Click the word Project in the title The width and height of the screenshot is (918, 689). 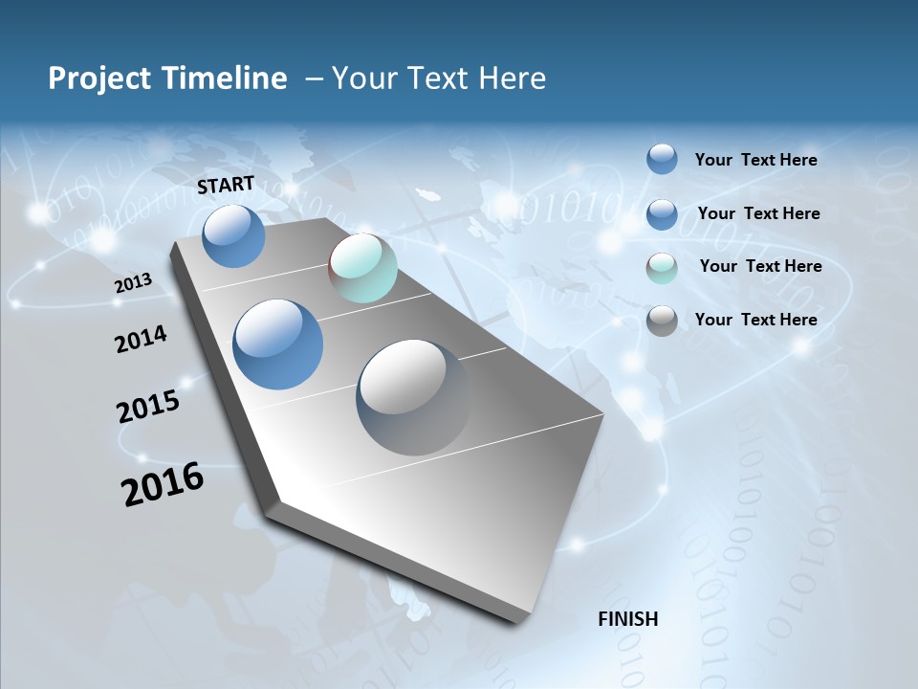pos(96,78)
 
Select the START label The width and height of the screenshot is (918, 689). pos(226,185)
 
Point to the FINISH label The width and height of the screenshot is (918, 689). pos(628,619)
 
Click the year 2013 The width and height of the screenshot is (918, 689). pos(133,283)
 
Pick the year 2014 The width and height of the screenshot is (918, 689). pos(141,339)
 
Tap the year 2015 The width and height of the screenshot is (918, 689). pos(148,407)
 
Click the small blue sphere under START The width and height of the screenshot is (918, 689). pos(233,235)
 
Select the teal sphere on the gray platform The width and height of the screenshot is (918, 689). pos(362,269)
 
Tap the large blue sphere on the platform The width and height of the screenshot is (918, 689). pos(278,344)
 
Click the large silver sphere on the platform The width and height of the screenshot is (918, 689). pos(414,396)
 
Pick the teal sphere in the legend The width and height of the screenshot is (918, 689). pos(662,268)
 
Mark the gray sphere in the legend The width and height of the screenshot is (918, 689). pos(662,322)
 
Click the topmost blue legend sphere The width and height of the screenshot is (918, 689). pos(662,159)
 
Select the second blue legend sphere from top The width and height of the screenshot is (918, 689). pos(662,214)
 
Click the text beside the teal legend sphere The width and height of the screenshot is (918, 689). pos(760,266)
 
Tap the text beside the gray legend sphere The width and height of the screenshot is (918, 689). pos(755,320)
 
